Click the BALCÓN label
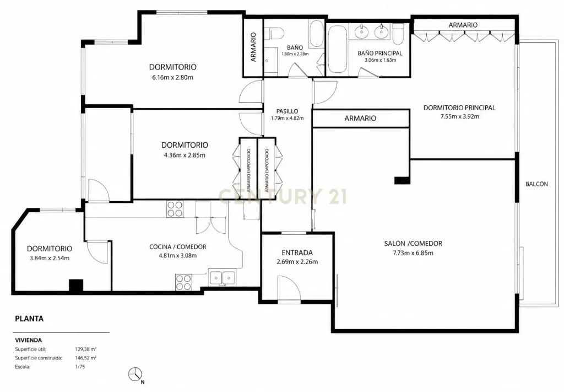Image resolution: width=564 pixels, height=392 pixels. (x=536, y=184)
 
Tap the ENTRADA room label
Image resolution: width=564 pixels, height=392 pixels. (x=297, y=253)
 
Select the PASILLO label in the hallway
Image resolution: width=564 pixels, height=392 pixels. (x=287, y=111)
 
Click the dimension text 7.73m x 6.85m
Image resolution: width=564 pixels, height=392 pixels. (x=413, y=253)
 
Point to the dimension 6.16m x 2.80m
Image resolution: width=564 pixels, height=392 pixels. (x=172, y=77)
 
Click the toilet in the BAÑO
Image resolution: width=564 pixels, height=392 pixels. (x=274, y=34)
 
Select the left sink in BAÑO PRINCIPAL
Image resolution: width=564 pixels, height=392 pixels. (x=360, y=31)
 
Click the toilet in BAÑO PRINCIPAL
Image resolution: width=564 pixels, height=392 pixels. (x=398, y=33)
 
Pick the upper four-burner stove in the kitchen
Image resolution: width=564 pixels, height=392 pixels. (x=175, y=209)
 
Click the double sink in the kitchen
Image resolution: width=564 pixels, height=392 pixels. (x=223, y=278)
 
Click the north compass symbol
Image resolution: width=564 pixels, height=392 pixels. (x=135, y=374)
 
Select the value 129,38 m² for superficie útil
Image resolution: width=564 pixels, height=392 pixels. (x=85, y=349)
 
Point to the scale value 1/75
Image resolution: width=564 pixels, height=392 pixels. (x=80, y=367)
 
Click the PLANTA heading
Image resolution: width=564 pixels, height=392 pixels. (x=29, y=319)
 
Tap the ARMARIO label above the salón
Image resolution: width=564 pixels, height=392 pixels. (x=360, y=118)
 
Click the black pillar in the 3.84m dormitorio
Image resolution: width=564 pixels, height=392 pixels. (x=76, y=286)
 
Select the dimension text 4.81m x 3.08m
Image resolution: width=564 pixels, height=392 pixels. (x=178, y=256)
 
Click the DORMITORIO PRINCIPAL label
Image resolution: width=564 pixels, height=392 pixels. (x=459, y=108)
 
